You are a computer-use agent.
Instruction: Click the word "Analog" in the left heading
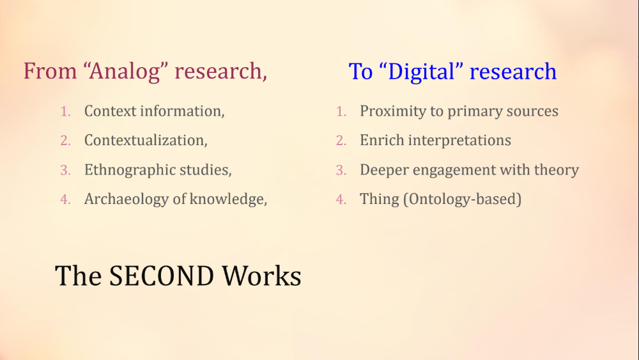pos(125,72)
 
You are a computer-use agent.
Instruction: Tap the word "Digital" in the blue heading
pos(421,72)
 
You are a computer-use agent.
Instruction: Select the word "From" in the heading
pos(50,71)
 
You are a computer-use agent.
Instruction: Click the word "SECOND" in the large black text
pos(162,276)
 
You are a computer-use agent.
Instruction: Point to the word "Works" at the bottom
pos(261,276)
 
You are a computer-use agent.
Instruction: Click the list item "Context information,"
pos(155,111)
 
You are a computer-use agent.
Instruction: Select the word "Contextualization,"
pos(146,140)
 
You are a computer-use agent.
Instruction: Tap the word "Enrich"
pos(382,140)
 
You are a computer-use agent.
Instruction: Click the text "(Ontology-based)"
pos(463,200)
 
